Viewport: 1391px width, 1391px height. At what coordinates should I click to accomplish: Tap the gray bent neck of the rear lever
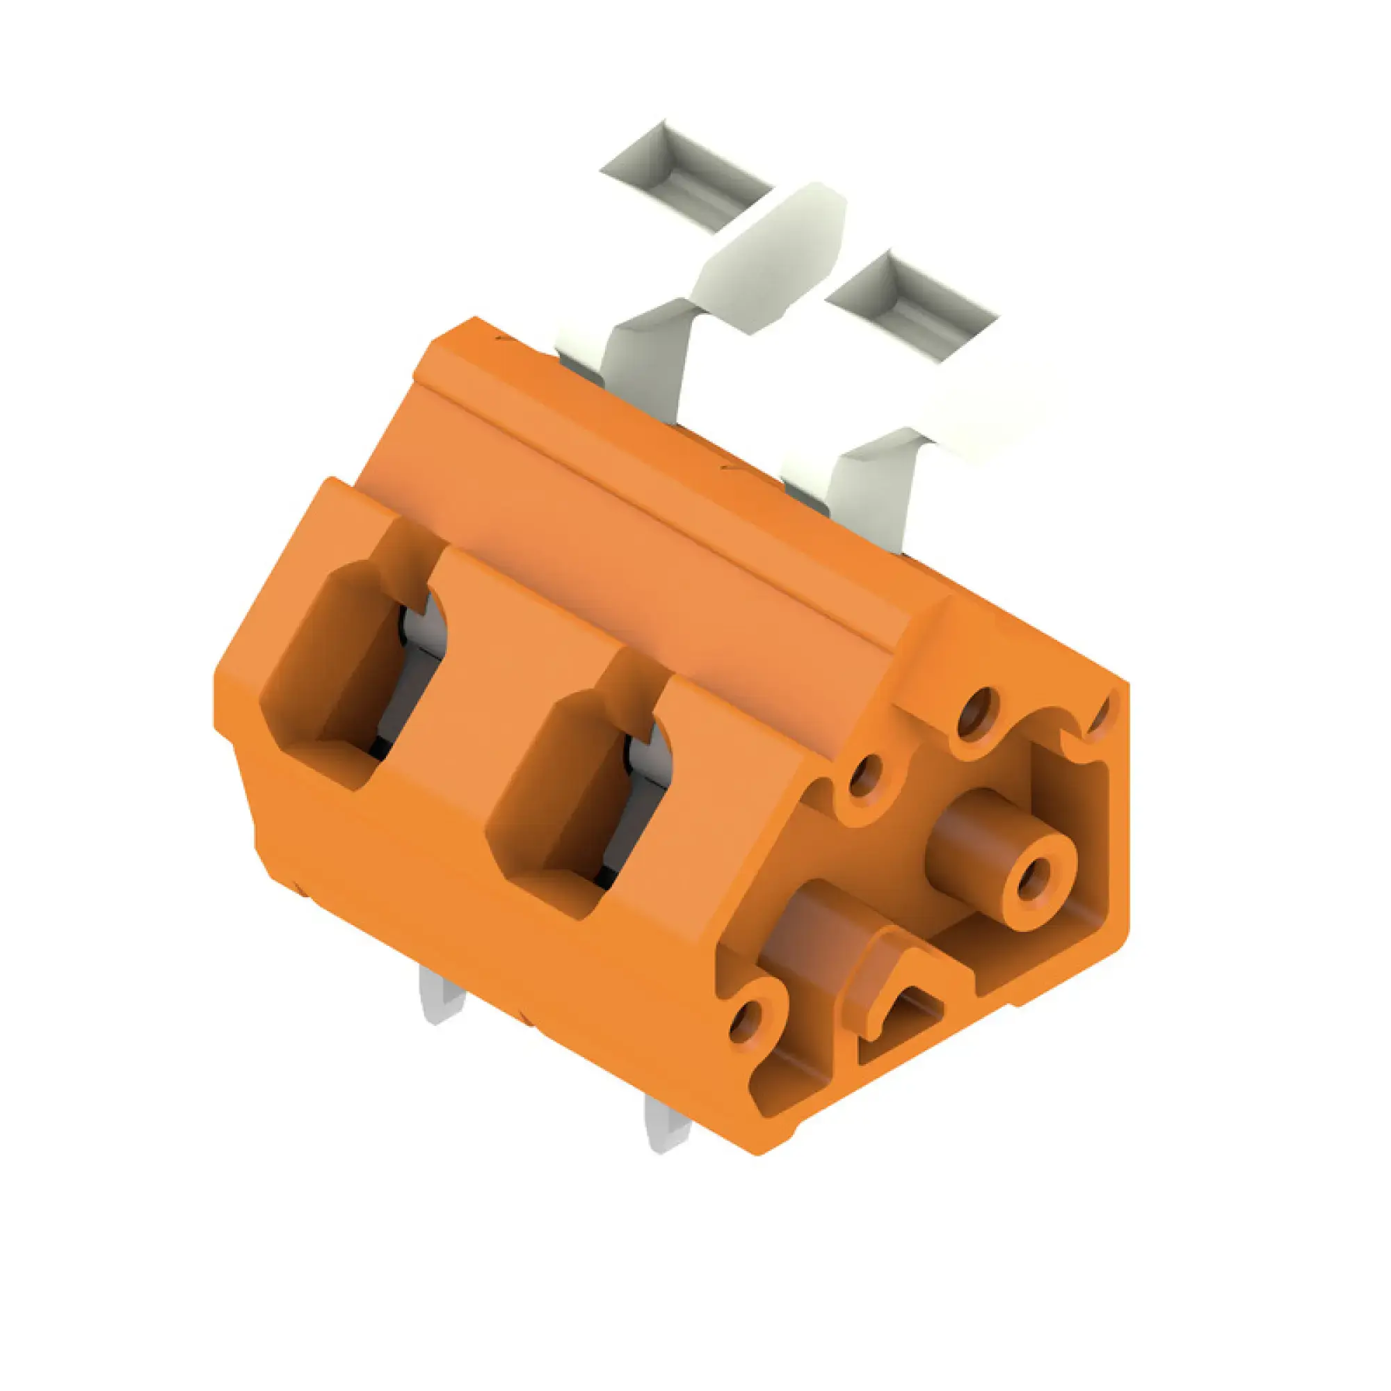point(645,360)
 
